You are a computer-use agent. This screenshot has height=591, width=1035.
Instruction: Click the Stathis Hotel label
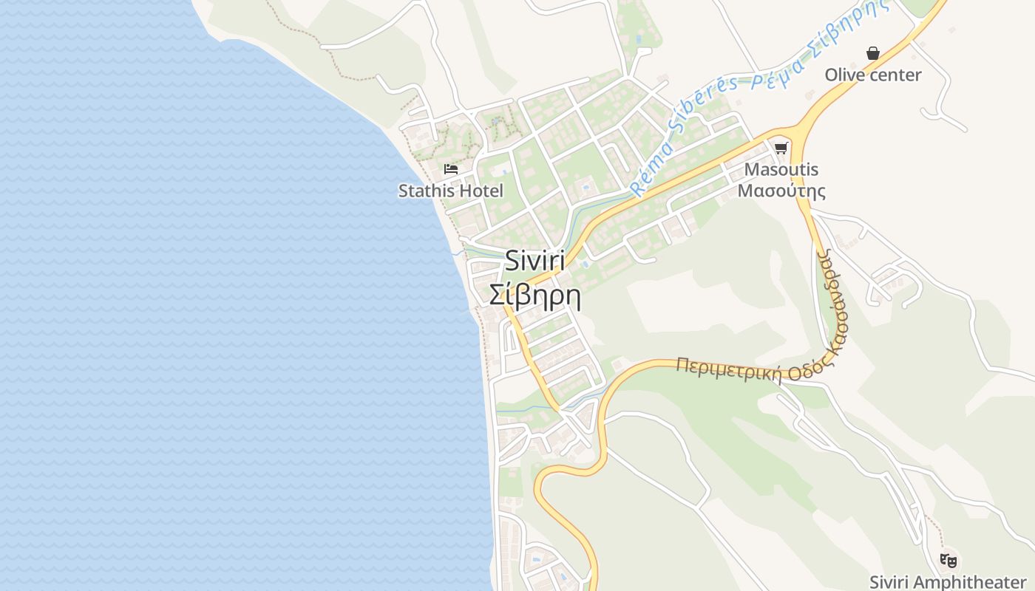(x=450, y=191)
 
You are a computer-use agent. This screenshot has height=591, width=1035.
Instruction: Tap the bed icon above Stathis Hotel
(x=450, y=169)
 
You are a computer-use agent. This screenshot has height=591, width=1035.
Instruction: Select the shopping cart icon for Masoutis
(x=781, y=148)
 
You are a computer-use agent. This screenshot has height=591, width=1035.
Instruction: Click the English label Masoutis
(x=781, y=169)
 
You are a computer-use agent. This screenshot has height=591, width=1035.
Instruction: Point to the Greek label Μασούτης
(x=781, y=191)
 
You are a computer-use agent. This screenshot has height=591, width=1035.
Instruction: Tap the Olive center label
(x=873, y=75)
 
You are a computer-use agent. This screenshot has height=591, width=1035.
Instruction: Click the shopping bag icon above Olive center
(x=873, y=53)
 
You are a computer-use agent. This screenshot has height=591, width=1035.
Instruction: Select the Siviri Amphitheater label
(x=947, y=581)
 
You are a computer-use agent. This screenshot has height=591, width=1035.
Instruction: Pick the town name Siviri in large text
(x=535, y=261)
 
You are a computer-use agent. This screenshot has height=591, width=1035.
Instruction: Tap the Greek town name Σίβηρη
(x=535, y=295)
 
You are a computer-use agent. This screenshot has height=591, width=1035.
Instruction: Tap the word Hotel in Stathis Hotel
(x=480, y=191)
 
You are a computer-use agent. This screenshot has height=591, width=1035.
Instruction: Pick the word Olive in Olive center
(x=844, y=75)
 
